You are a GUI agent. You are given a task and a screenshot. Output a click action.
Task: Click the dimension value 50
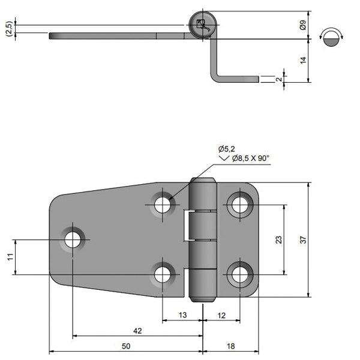pos(125,346)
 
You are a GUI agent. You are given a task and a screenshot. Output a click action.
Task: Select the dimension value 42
pos(137,331)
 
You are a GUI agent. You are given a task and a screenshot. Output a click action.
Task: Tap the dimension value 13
pos(182,314)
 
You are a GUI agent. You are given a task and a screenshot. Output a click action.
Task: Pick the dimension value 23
pos(278,239)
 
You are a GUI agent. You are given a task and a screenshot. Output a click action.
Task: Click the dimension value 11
pos(10,257)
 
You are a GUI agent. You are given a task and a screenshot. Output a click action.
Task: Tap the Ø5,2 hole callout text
pos(227,148)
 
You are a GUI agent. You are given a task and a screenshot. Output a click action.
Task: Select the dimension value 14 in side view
pos(303,60)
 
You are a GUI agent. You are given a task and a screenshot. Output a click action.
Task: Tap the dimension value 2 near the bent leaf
pos(278,79)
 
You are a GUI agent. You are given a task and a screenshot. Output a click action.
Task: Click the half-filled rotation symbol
pos(332,37)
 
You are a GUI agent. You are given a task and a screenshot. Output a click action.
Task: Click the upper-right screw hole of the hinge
pos(239,205)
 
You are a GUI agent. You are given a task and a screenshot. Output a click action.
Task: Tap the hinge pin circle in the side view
pos(201,26)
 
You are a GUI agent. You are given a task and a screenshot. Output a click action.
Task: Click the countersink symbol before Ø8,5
pos(225,158)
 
